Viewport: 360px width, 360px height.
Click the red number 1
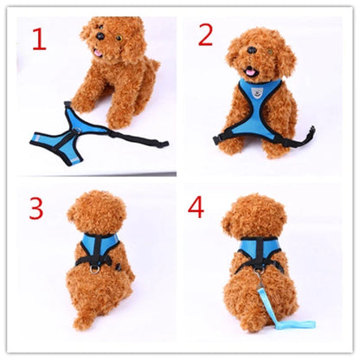[x=39, y=39]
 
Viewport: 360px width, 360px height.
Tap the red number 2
[x=205, y=35]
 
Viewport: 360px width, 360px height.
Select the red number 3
[x=35, y=208]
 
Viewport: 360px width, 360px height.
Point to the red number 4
[x=196, y=209]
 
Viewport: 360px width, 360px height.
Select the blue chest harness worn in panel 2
[x=259, y=104]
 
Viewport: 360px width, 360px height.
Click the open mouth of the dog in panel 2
[x=250, y=73]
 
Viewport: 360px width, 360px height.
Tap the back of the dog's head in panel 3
[x=96, y=211]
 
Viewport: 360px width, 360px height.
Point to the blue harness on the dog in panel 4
[x=259, y=251]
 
